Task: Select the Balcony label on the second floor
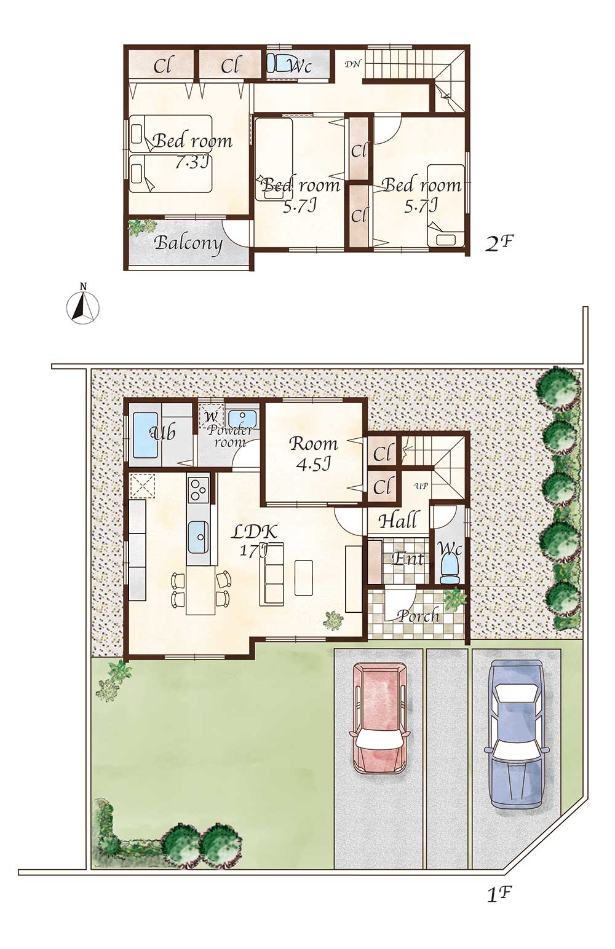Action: (x=189, y=244)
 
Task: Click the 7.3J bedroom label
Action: (x=192, y=151)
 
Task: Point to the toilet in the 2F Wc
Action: (x=277, y=64)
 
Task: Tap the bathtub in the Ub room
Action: (x=145, y=435)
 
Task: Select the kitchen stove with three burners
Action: (x=199, y=490)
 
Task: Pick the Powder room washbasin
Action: (x=242, y=417)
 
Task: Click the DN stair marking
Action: (x=352, y=65)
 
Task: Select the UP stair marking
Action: (x=421, y=486)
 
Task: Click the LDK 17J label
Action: (x=255, y=541)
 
